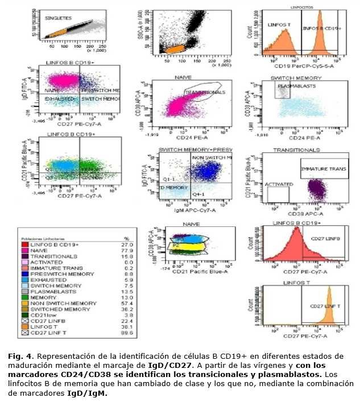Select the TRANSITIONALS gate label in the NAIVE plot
[x=205, y=90]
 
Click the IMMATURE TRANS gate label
[x=323, y=169]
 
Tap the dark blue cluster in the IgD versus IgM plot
[x=207, y=169]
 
